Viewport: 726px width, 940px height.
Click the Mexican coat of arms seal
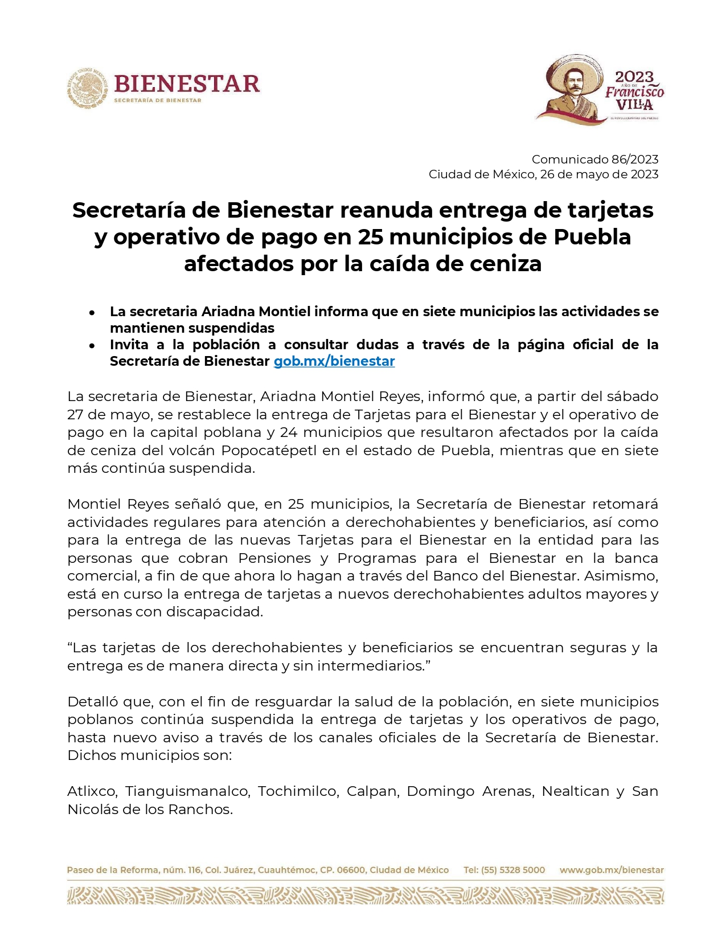click(x=87, y=88)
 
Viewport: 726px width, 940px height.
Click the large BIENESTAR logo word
click(x=187, y=84)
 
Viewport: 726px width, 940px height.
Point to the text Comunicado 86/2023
click(x=595, y=160)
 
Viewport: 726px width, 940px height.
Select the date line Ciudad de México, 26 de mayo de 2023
click(x=543, y=174)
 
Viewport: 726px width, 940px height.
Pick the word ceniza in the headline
click(x=504, y=264)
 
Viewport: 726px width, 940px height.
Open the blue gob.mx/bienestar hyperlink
click(x=334, y=361)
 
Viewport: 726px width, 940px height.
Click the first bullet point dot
click(x=92, y=313)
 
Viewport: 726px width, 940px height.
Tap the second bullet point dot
click(x=92, y=346)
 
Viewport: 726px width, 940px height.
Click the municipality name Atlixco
click(x=92, y=791)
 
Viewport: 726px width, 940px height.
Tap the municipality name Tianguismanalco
click(x=187, y=791)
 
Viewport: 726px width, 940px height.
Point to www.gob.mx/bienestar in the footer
click(x=612, y=870)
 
